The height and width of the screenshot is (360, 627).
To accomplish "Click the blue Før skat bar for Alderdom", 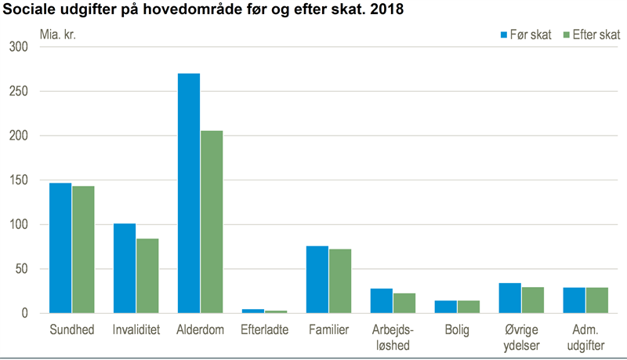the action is click(x=189, y=193).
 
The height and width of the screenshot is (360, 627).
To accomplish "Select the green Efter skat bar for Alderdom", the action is click(x=212, y=222).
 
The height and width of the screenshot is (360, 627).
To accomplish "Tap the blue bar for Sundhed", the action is click(x=60, y=248).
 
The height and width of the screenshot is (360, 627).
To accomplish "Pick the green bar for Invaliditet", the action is click(x=147, y=276).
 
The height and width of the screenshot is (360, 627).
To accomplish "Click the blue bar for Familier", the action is click(x=317, y=279).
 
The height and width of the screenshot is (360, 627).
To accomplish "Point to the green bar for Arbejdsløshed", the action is click(x=404, y=304).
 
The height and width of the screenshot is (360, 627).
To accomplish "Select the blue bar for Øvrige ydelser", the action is click(x=510, y=298).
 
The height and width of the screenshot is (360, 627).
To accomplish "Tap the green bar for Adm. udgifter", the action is click(x=597, y=300).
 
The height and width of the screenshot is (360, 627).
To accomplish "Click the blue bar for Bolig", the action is click(x=445, y=307).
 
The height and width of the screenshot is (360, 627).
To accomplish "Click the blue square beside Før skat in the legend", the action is click(x=504, y=35).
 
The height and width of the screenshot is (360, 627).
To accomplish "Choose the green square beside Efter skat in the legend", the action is click(x=566, y=35).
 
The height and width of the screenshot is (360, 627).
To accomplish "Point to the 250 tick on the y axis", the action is click(x=19, y=91).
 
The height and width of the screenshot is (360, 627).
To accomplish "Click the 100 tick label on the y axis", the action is click(x=19, y=224).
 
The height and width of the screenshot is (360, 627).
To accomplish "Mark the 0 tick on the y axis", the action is click(x=25, y=313).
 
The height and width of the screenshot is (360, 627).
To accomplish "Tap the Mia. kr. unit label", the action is click(x=57, y=35).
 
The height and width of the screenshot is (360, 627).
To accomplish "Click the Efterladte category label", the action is click(x=264, y=329).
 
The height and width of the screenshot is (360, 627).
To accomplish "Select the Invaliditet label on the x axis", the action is click(x=136, y=329).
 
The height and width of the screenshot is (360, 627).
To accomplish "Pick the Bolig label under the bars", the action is click(x=457, y=330).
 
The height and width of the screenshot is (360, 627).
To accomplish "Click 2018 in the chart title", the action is click(x=386, y=9).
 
